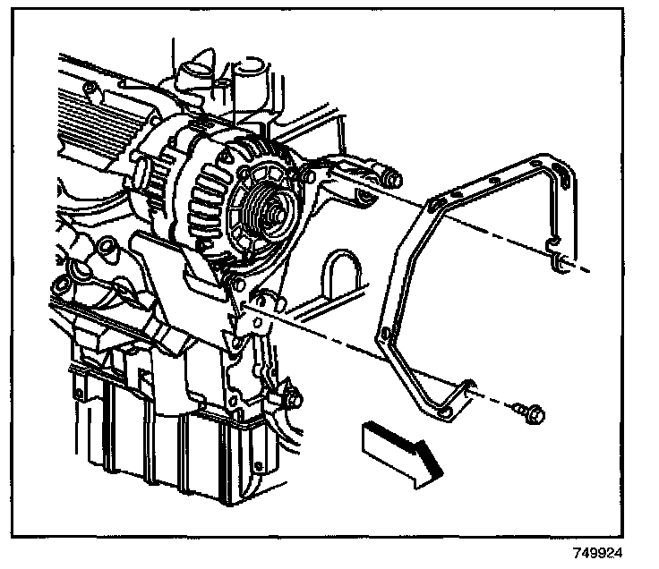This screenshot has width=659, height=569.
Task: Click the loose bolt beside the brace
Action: tap(527, 412)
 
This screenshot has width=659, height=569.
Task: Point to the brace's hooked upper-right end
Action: tap(559, 261)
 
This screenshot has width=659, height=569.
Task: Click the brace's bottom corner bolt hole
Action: tap(444, 411)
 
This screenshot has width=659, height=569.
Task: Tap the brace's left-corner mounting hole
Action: tap(385, 335)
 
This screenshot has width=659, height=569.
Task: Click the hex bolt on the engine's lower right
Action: tap(291, 395)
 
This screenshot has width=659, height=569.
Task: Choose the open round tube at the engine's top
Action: tap(248, 69)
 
